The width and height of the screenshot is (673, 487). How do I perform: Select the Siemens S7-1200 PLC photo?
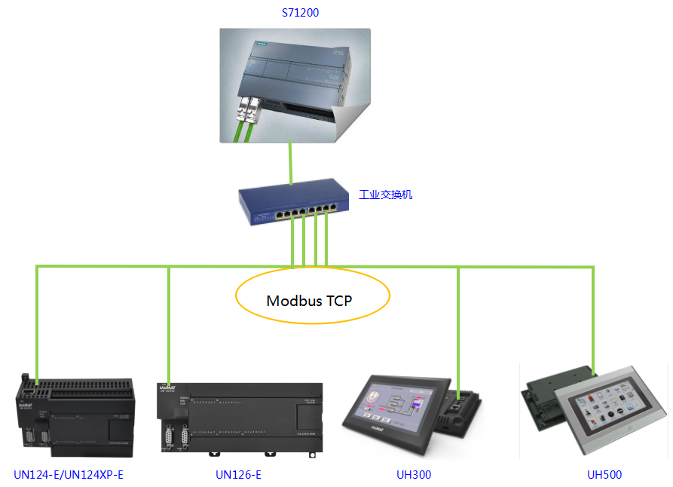[x=294, y=83]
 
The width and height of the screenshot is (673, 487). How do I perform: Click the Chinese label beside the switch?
[x=385, y=194]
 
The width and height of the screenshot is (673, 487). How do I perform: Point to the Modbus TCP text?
[x=310, y=300]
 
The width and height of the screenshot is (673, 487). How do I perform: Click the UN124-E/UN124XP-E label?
[x=69, y=475]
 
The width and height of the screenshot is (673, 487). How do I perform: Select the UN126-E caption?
[x=238, y=475]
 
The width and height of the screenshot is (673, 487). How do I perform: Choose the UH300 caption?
[x=414, y=475]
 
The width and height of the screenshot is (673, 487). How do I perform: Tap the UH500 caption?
[x=604, y=475]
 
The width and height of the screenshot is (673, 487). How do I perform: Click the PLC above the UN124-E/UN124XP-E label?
[x=75, y=415]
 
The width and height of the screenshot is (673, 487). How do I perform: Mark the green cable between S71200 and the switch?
[x=291, y=163]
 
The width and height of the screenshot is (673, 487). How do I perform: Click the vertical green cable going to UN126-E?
[x=169, y=324]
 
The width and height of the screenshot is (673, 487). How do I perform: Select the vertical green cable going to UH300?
[x=458, y=324]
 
